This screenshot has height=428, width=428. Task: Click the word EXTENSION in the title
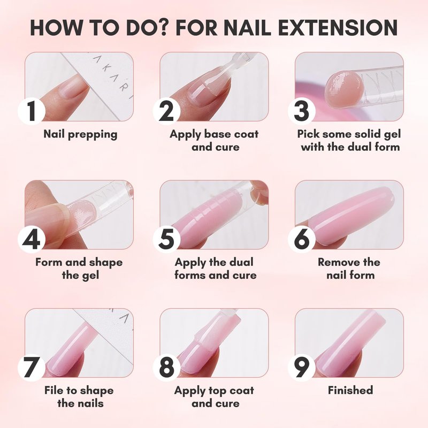(x=338, y=28)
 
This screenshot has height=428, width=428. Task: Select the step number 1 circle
(x=32, y=111)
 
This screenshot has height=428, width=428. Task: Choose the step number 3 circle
(x=302, y=111)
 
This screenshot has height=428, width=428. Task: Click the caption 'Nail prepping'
(x=81, y=135)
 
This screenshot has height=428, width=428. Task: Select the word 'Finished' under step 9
(x=350, y=391)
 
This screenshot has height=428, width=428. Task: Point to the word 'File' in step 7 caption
(x=53, y=391)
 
